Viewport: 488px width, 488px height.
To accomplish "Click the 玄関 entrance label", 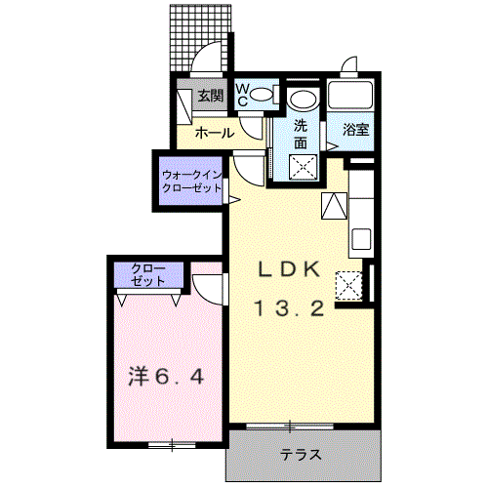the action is tap(211, 96).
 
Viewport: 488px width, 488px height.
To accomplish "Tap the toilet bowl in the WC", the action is tap(264, 95).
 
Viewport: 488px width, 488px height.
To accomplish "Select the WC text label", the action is tap(242, 95).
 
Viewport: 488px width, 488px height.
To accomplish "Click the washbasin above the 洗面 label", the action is tap(303, 99).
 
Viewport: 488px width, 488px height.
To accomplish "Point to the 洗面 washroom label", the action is tap(301, 134).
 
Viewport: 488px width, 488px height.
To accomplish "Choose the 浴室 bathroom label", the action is tap(356, 130).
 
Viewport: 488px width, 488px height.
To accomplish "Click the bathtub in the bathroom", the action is tap(350, 95).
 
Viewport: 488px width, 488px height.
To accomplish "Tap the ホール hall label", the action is tap(215, 133).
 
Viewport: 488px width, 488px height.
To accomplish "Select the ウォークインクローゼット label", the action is tap(191, 182).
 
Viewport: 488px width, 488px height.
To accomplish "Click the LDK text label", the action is tap(289, 269).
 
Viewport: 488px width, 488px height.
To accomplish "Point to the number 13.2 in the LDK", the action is tap(289, 308).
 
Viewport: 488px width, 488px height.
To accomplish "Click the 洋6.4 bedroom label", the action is tap(166, 377).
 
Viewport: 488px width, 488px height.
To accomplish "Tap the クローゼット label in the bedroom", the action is tap(148, 275).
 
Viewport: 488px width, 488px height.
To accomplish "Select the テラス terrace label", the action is tap(301, 454).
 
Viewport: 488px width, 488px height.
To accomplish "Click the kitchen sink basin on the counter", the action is tap(361, 239).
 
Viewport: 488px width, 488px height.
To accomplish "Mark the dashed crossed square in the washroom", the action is tap(304, 167).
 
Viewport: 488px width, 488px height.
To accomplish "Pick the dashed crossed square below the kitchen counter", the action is tap(348, 286).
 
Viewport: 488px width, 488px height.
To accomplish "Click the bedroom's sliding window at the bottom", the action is tap(172, 444).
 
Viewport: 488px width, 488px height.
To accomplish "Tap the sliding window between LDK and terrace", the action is tap(290, 426).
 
